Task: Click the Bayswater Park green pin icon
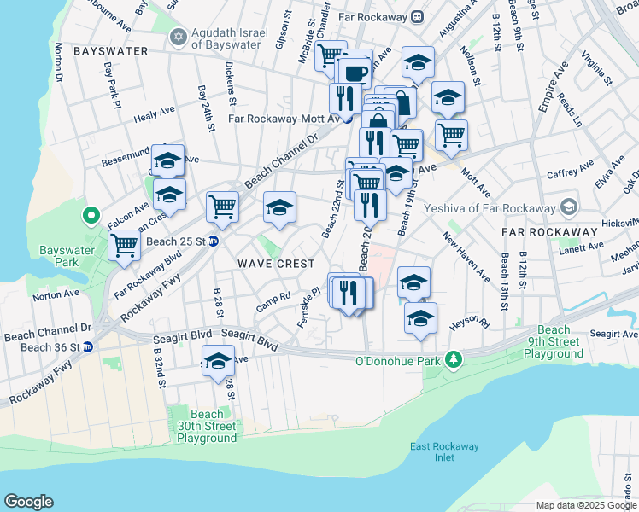click(x=88, y=215)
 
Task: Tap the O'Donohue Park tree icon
click(x=456, y=361)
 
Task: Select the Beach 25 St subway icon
click(x=214, y=241)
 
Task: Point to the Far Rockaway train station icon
click(x=416, y=15)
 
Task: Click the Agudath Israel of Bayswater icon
click(x=179, y=36)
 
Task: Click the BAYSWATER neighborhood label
click(x=111, y=51)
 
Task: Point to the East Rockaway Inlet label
click(x=444, y=451)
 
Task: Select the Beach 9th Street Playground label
click(x=554, y=341)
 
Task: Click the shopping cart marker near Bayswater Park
click(x=125, y=245)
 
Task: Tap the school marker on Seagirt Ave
click(x=218, y=360)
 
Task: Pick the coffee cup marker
click(x=354, y=73)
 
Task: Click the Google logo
click(x=28, y=502)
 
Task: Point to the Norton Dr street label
click(x=59, y=64)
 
